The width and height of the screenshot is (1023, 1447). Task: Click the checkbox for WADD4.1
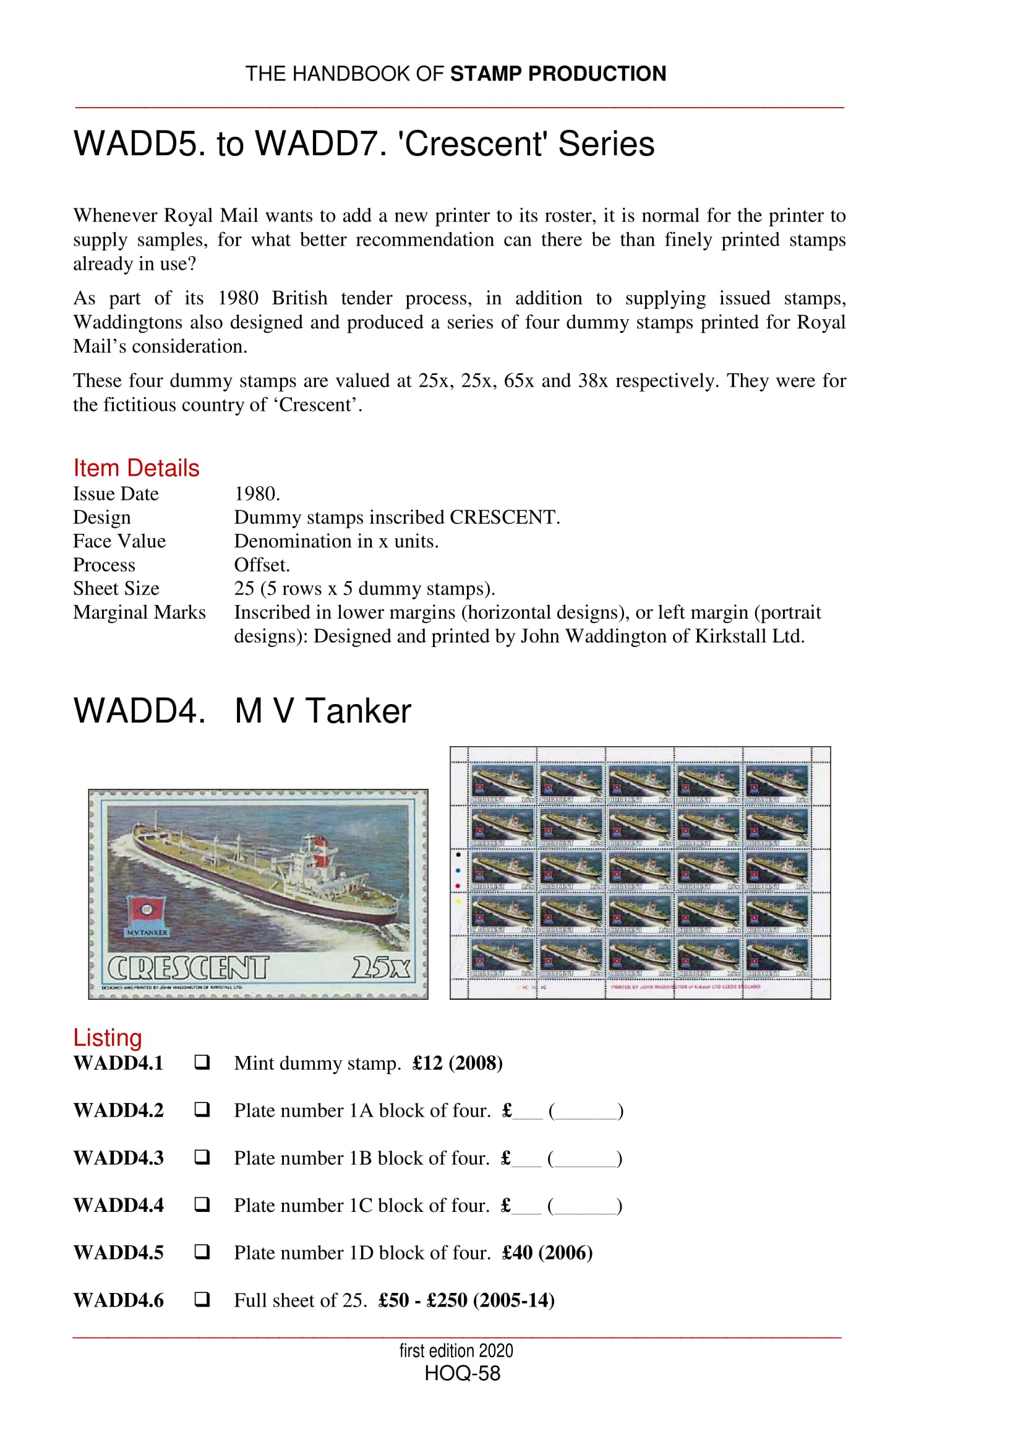pos(202,1062)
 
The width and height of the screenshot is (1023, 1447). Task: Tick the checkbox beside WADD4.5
pos(202,1252)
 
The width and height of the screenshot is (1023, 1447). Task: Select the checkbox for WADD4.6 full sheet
pos(202,1299)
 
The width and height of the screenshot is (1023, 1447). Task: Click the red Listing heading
pos(107,1037)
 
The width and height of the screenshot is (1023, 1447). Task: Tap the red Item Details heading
pos(136,468)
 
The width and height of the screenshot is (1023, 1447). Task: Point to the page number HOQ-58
pos(463,1373)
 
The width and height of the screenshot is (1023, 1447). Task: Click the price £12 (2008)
pos(457,1063)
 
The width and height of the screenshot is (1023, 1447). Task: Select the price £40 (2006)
pos(547,1252)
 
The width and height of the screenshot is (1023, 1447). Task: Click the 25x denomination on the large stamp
pos(380,968)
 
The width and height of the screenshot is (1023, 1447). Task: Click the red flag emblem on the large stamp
pos(146,911)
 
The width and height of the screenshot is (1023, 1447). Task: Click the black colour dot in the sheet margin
pos(458,854)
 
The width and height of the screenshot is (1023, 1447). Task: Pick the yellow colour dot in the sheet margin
pos(458,901)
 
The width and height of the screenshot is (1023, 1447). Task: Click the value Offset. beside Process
pos(262,565)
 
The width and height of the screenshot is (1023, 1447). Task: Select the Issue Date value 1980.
pos(257,494)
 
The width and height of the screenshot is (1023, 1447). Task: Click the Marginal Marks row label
pos(139,612)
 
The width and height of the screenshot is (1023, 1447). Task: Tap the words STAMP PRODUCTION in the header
pos(557,74)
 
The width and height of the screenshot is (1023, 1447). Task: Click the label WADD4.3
pos(118,1157)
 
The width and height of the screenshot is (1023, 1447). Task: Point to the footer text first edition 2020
pos(456,1350)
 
